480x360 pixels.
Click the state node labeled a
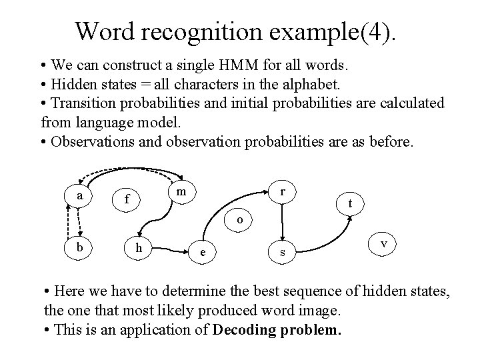coord(80,195)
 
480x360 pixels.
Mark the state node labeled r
coord(283,191)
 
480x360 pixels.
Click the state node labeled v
coord(383,244)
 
